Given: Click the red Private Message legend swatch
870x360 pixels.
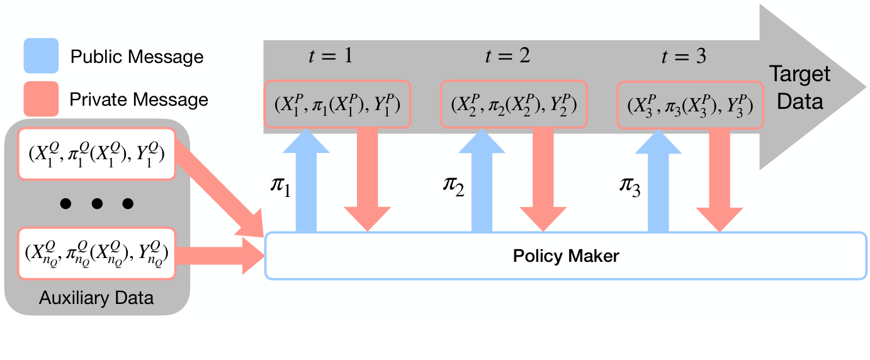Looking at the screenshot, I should (41, 99).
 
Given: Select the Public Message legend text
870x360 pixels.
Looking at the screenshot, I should (137, 57).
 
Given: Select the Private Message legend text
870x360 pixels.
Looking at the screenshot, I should (138, 99).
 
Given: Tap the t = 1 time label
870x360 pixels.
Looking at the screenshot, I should (330, 56).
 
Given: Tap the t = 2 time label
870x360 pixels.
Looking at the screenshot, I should (507, 56).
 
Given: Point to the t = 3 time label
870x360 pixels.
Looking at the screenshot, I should (684, 56).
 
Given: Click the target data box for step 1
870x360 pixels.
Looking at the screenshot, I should (337, 103).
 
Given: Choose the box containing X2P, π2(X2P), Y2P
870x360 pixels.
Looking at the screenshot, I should (514, 103).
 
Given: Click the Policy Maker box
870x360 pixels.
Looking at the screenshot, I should (566, 256).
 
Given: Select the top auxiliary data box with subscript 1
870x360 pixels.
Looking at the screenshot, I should (96, 154).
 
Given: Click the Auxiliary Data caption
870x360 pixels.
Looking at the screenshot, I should (96, 298).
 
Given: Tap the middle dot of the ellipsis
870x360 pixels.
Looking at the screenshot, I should (96, 203).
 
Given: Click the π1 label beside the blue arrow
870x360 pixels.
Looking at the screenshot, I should (279, 188).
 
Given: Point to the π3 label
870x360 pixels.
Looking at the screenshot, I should (630, 188).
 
